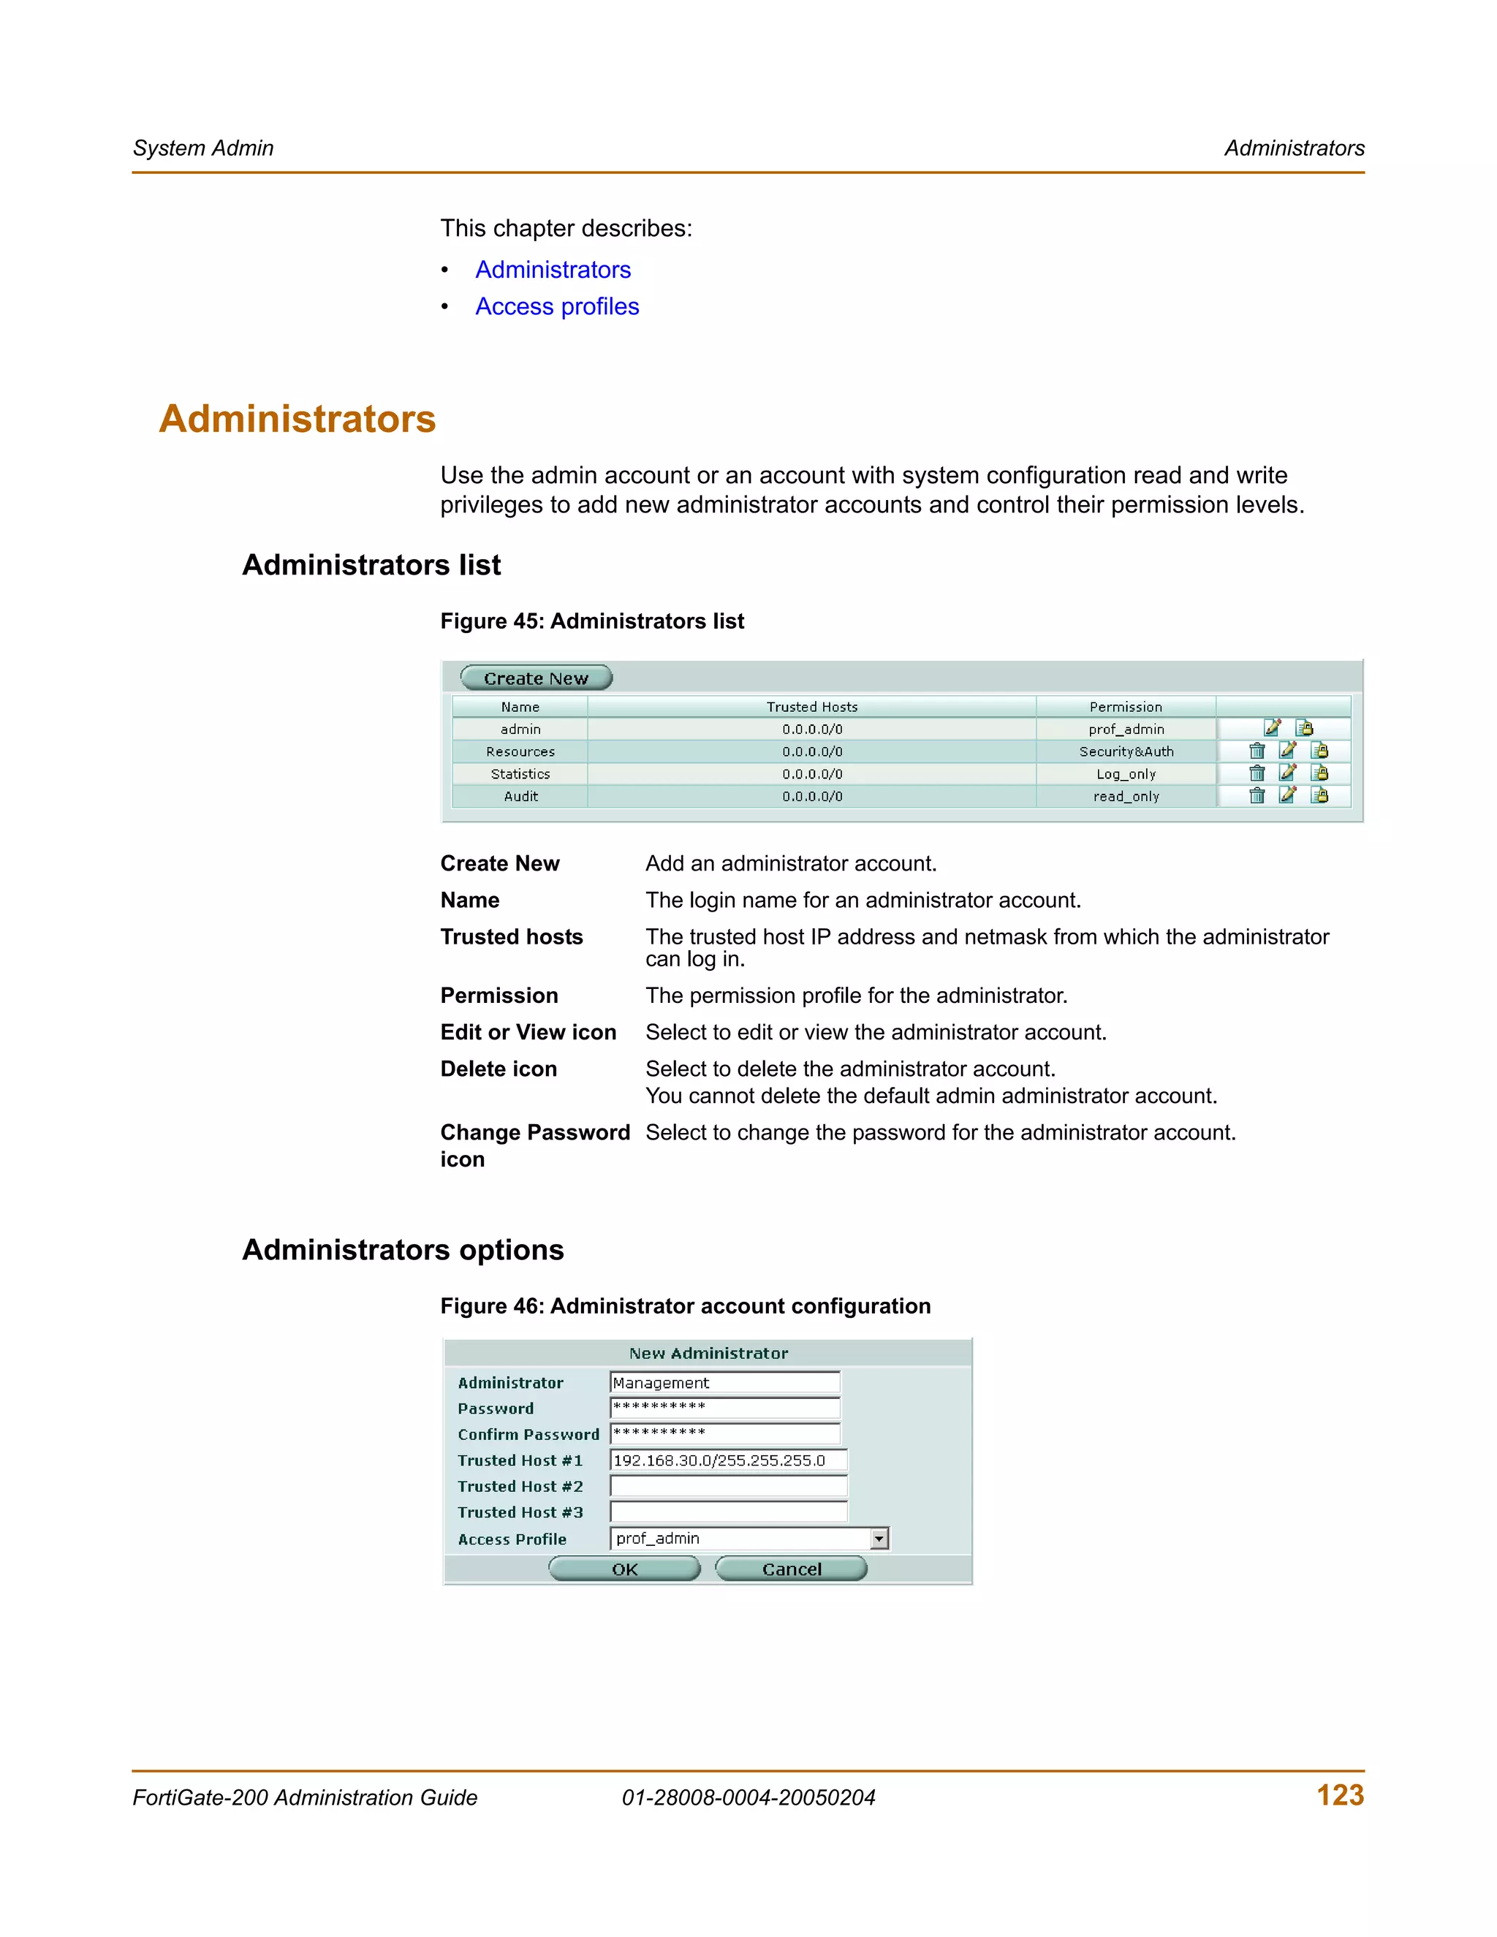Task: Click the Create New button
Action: (x=536, y=678)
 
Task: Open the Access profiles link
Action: (x=556, y=306)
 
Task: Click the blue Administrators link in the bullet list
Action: (x=553, y=270)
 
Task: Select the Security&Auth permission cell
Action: (x=1126, y=751)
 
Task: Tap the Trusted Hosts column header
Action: (x=811, y=707)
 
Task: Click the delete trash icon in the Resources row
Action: (x=1257, y=751)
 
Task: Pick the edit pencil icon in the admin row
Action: (x=1272, y=728)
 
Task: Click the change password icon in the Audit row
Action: (x=1319, y=795)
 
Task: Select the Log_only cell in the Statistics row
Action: (x=1126, y=773)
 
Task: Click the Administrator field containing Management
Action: (x=724, y=1383)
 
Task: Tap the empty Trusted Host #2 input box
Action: (x=728, y=1487)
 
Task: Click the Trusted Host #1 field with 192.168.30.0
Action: (x=728, y=1460)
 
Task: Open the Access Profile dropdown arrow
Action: (x=879, y=1539)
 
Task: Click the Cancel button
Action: (x=791, y=1569)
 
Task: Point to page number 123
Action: (x=1339, y=1795)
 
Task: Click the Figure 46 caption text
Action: (x=685, y=1305)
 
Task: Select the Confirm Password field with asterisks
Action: (x=724, y=1434)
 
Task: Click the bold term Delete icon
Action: (x=499, y=1069)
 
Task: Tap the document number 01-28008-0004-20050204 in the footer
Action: (x=748, y=1798)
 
